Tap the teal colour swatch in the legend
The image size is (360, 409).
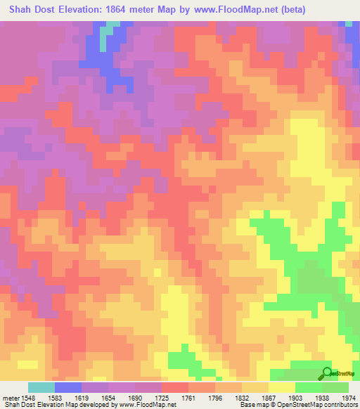pyautogui.click(x=41, y=387)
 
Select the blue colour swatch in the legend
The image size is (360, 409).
pyautogui.click(x=68, y=387)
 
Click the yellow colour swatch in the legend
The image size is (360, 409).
pyautogui.click(x=282, y=387)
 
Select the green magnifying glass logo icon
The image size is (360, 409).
pyautogui.click(x=326, y=373)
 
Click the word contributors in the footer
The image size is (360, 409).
pyautogui.click(x=340, y=405)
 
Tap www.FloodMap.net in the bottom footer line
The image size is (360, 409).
pyautogui.click(x=148, y=405)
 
